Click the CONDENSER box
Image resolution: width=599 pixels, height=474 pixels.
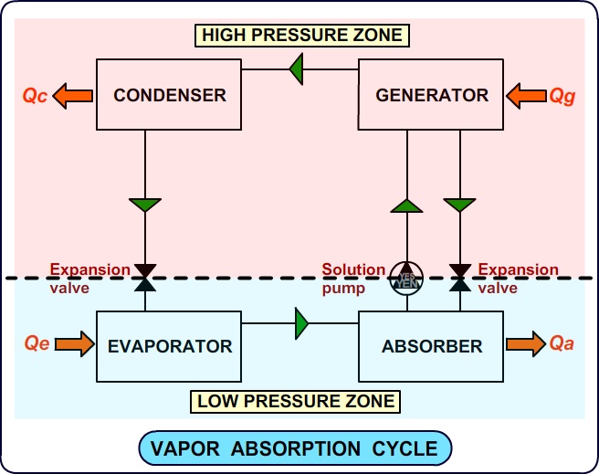(x=169, y=94)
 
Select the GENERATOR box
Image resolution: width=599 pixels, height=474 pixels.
(x=432, y=94)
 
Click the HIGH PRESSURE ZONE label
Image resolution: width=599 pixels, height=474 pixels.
(x=301, y=36)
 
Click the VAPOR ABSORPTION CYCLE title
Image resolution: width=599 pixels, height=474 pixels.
(x=295, y=448)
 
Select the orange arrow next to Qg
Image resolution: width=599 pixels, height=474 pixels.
(x=526, y=94)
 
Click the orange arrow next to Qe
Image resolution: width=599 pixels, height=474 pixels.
(x=74, y=344)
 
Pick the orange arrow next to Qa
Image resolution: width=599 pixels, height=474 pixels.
(x=525, y=344)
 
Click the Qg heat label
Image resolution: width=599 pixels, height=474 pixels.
(x=562, y=94)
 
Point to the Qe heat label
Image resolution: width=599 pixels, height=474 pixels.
(x=37, y=344)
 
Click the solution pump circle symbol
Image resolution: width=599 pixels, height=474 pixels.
(x=405, y=277)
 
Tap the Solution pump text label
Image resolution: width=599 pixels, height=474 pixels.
(x=353, y=277)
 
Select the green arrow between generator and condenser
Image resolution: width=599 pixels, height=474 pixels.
(x=296, y=69)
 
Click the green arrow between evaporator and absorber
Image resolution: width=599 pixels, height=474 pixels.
(x=302, y=322)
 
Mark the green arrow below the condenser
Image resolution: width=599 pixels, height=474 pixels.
(x=145, y=205)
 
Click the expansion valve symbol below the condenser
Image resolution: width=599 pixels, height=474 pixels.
(x=145, y=277)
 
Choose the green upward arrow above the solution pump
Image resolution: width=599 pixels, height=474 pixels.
(x=405, y=205)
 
